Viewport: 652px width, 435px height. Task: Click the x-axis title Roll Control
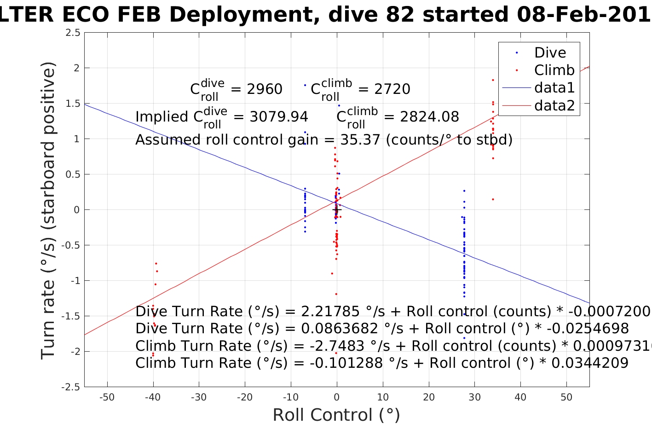click(336, 415)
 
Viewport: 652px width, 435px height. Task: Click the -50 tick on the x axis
click(107, 397)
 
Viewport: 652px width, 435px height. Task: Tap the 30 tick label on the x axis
click(474, 397)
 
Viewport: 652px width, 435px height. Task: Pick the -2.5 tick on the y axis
click(71, 387)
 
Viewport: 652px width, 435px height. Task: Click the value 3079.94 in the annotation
click(279, 117)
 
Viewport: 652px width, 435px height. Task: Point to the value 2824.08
click(429, 117)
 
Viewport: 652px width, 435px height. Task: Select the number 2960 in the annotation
click(265, 89)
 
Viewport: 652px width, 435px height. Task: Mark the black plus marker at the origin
click(336, 210)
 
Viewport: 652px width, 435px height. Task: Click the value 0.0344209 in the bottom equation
click(590, 363)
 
